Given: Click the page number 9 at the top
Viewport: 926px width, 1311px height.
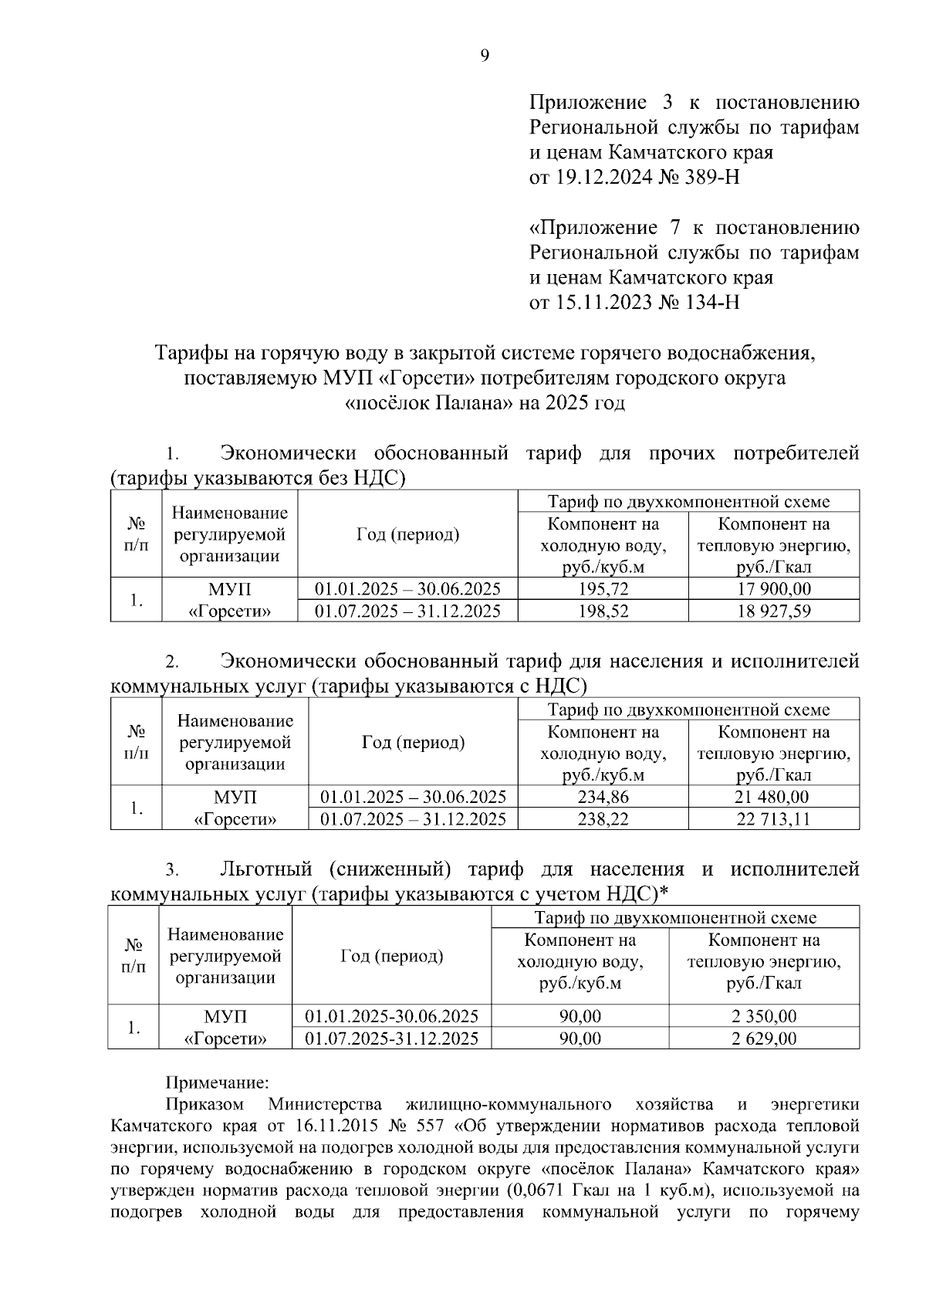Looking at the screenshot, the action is coord(485,56).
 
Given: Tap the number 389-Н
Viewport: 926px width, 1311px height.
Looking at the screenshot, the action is coord(711,178).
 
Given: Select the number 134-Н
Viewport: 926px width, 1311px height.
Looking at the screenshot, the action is coord(711,302).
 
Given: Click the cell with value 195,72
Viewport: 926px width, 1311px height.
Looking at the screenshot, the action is coord(603,589).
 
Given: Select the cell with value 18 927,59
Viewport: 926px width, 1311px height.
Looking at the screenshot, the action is coord(773,611).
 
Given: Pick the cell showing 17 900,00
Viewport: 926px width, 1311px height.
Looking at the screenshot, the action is coord(773,589).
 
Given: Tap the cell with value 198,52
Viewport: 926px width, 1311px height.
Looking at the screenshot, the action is coord(603,611).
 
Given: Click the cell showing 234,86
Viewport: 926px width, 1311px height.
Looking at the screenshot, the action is coord(603,797).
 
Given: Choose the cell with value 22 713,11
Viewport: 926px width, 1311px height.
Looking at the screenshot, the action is coord(773,819).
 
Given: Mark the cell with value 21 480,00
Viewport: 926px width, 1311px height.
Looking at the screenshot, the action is coord(773,797).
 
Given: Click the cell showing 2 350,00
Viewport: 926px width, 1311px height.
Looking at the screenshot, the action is coord(764,1016).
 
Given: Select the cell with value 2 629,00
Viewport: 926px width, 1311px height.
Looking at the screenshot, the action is coord(764,1038).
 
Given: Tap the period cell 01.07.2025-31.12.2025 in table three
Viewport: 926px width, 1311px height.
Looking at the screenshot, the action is coord(392,1038).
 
